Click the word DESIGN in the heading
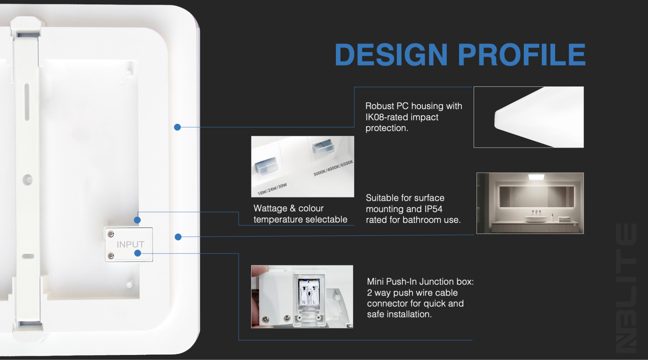pyautogui.click(x=391, y=55)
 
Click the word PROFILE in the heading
pyautogui.click(x=522, y=55)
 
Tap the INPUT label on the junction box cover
pyautogui.click(x=130, y=244)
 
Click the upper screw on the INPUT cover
pyautogui.click(x=111, y=234)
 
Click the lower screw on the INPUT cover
pyautogui.click(x=111, y=256)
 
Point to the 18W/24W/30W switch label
pyautogui.click(x=272, y=189)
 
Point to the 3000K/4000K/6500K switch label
pyautogui.click(x=333, y=168)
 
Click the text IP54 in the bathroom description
pyautogui.click(x=433, y=209)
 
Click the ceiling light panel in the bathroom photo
pyautogui.click(x=536, y=177)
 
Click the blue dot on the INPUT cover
pyautogui.click(x=138, y=253)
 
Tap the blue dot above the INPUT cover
pyautogui.click(x=137, y=220)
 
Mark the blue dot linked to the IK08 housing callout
pyautogui.click(x=177, y=127)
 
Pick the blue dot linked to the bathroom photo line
pyautogui.click(x=178, y=237)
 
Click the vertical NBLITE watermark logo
pyautogui.click(x=626, y=288)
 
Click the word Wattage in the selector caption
pyautogui.click(x=270, y=208)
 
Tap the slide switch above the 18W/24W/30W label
pyautogui.click(x=266, y=165)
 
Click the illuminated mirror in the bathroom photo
pyautogui.click(x=536, y=197)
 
